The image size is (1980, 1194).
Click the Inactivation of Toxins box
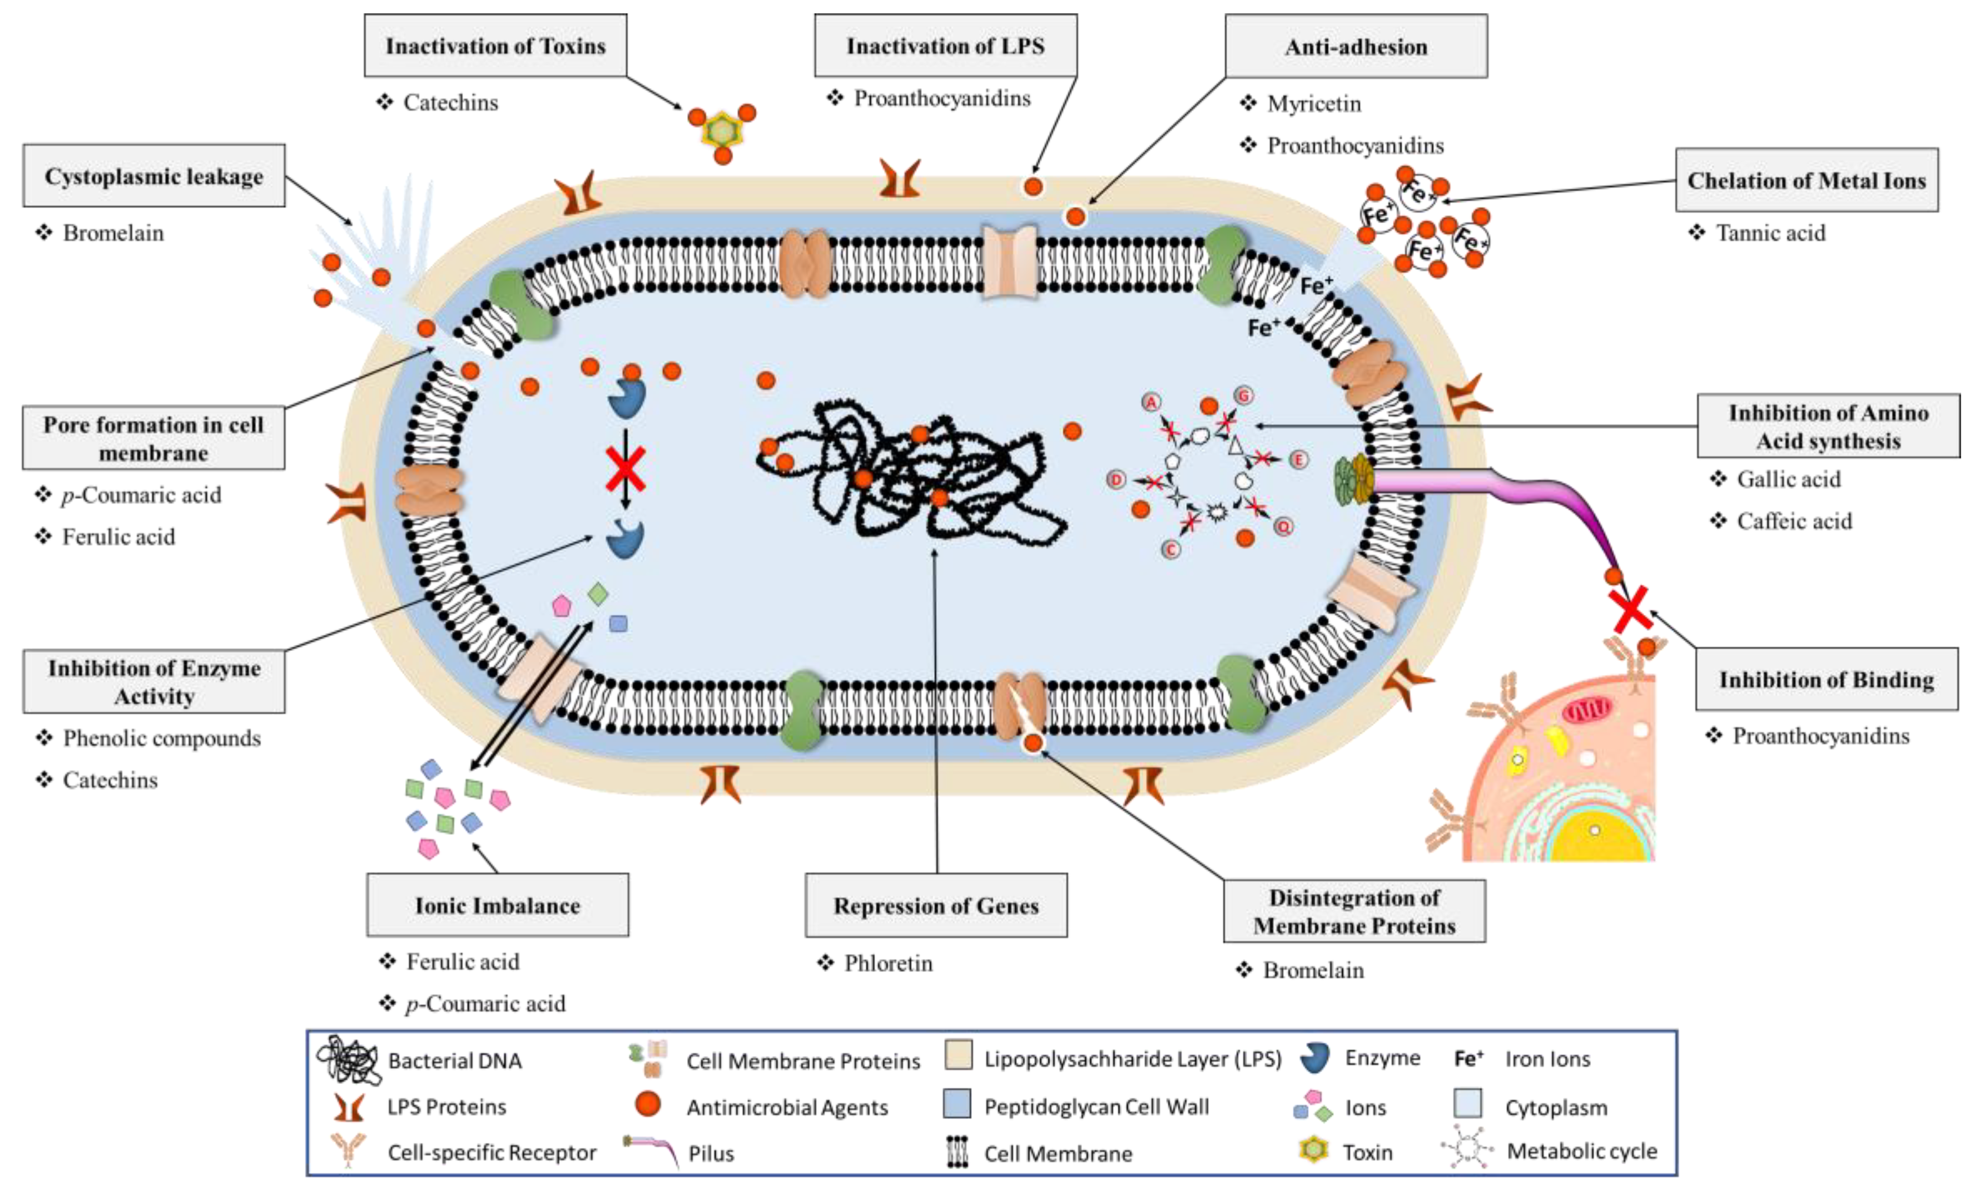tap(495, 46)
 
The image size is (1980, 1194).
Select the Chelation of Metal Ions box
tap(1805, 180)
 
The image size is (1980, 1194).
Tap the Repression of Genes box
tap(935, 905)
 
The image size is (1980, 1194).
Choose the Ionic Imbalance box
tap(498, 905)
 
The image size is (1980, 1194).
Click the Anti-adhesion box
tap(1356, 47)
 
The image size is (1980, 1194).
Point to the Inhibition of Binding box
tap(1826, 679)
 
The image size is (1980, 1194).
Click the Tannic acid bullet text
tap(1770, 233)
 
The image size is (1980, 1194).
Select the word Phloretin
tap(888, 963)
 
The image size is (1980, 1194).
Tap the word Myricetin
tap(1314, 103)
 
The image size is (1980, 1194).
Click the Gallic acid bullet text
tap(1788, 479)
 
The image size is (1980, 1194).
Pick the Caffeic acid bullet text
tap(1794, 521)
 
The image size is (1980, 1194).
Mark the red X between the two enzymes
tap(625, 470)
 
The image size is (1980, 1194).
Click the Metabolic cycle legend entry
tap(1581, 1151)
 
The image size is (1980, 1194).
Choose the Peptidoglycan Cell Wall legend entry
tap(1095, 1106)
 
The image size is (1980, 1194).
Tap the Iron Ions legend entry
tap(1546, 1059)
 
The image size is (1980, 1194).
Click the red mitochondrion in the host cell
tap(1586, 710)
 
